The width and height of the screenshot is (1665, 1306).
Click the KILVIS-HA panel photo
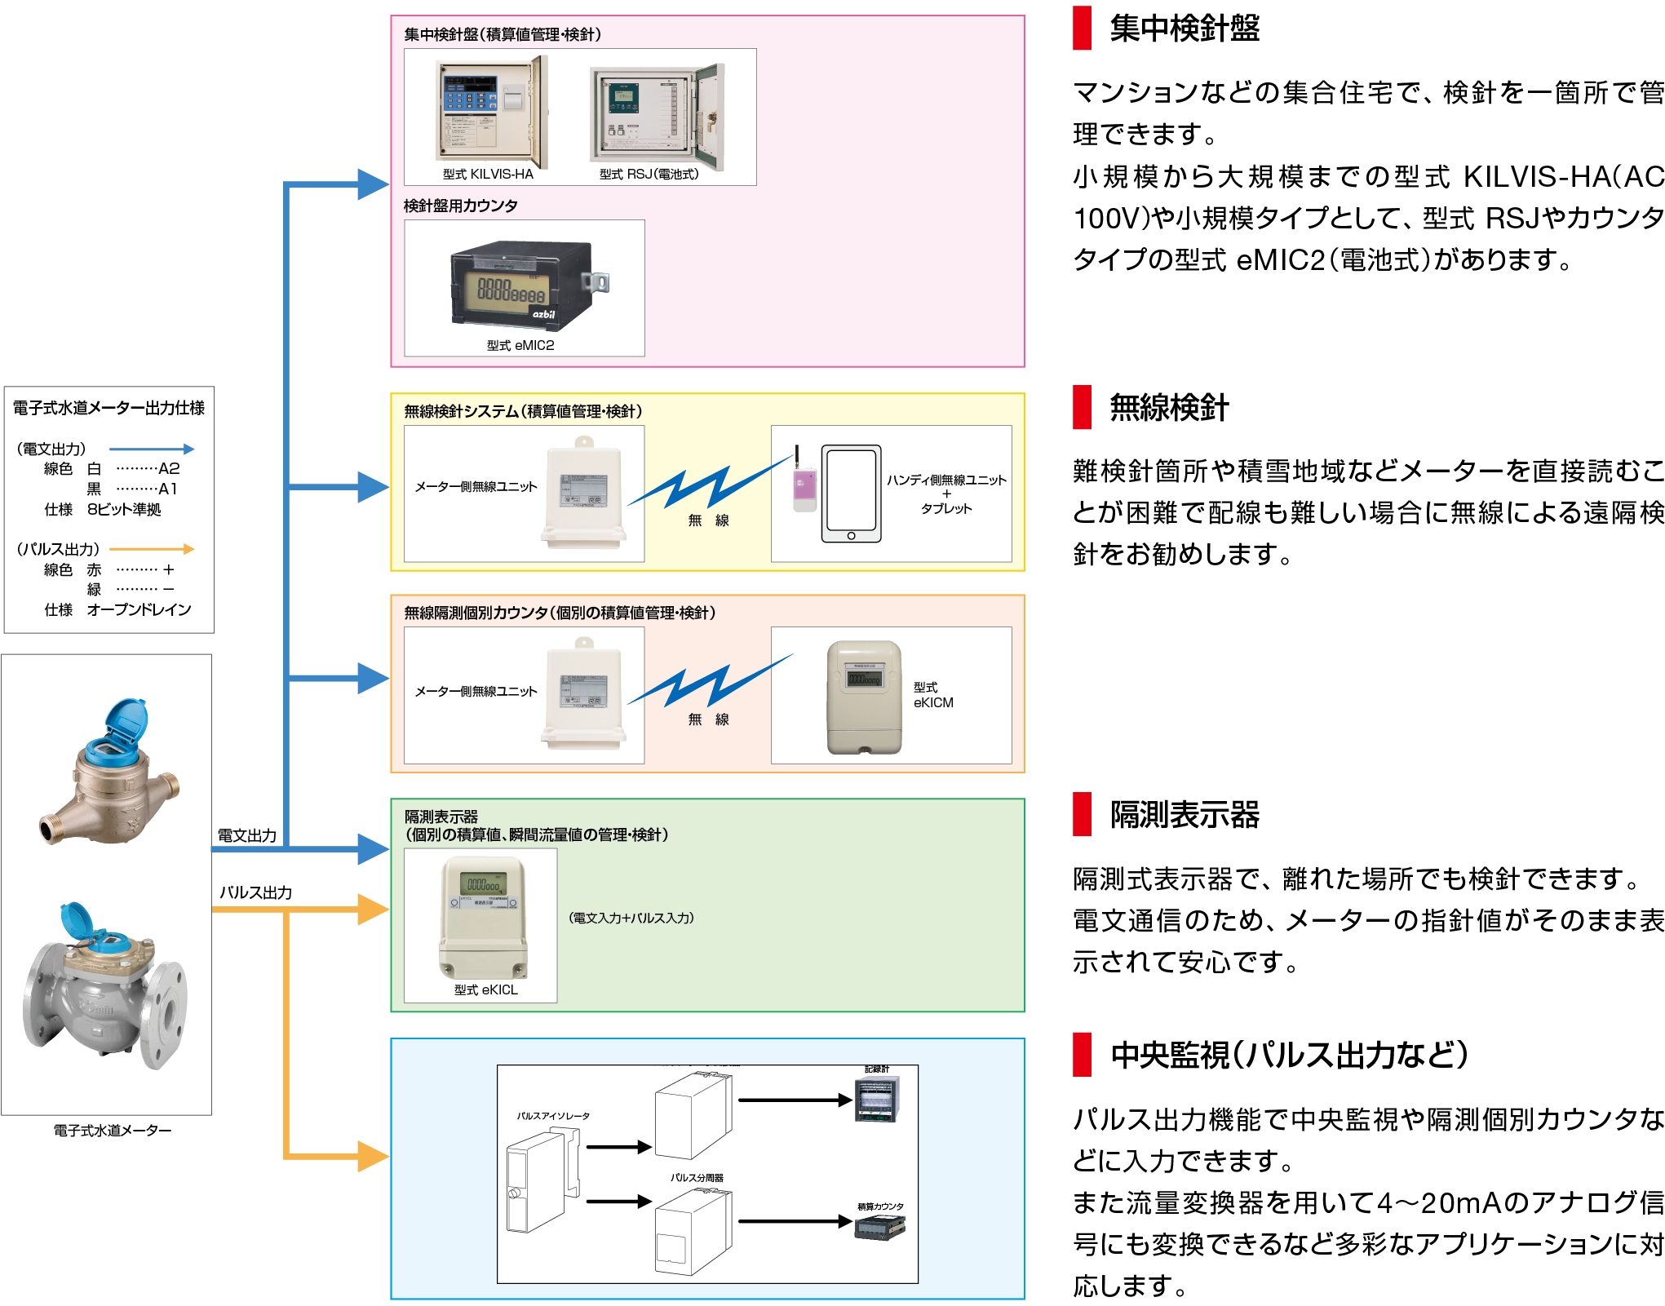[492, 112]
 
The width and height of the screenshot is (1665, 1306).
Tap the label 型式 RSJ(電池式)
[649, 174]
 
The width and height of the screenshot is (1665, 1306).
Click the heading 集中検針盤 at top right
[1184, 29]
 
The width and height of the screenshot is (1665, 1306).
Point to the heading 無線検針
[1168, 407]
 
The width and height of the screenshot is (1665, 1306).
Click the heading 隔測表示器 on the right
[1184, 814]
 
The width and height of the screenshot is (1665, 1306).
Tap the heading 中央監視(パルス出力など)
[1289, 1055]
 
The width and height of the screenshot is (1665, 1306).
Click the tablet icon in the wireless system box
[851, 494]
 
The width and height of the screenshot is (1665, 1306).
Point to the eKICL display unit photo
[484, 917]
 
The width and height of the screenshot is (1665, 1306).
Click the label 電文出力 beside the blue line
[246, 835]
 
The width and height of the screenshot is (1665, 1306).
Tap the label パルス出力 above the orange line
[255, 892]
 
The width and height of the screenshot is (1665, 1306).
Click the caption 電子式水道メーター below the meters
[113, 1131]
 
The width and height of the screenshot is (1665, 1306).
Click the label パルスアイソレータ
[552, 1115]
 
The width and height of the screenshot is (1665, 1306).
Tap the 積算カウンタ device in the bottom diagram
[879, 1227]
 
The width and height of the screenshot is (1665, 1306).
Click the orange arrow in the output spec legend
[152, 549]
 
